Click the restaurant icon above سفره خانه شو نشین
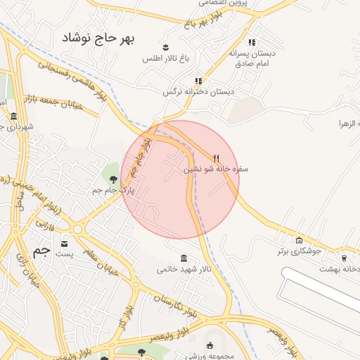pos(217,158)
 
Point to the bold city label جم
pos(42,251)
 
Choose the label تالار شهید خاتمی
pos(184,269)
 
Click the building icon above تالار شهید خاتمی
pos(184,258)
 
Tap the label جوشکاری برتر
pos(299,250)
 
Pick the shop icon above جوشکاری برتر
pos(300,240)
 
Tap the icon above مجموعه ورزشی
pos(210,345)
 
